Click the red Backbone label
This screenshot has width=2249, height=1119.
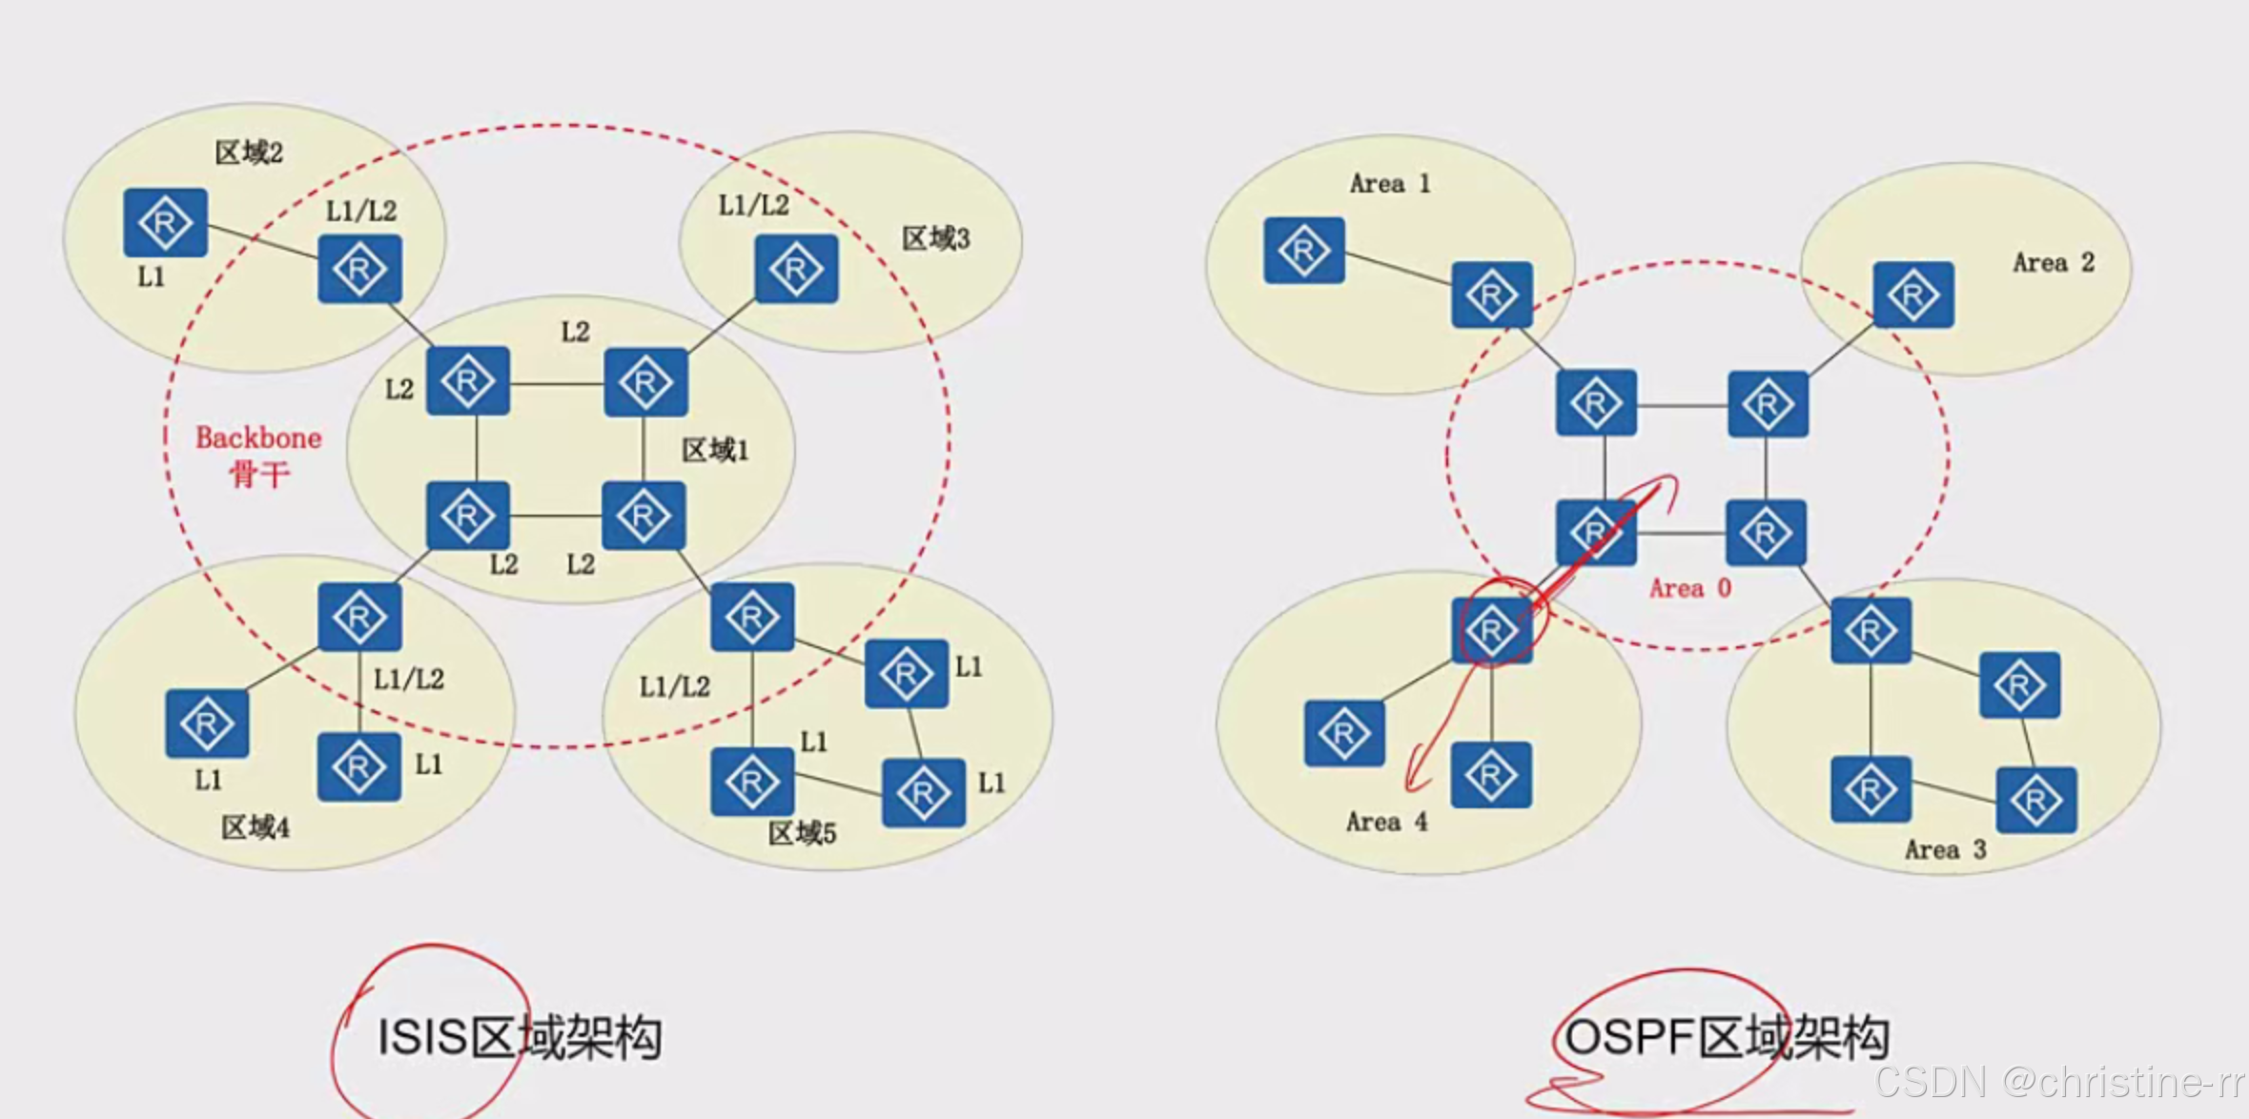258,438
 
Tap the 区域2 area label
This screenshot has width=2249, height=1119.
249,153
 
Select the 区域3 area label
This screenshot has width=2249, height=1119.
935,238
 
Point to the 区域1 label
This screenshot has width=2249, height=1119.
715,450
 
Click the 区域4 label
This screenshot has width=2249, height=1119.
255,827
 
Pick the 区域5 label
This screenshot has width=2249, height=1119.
802,834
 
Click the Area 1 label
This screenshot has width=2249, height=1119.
1389,184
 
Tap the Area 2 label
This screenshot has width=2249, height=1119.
2053,263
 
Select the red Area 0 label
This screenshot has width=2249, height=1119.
1689,588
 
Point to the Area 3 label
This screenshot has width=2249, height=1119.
1945,849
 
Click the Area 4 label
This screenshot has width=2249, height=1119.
1386,822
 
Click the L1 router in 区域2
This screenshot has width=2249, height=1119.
165,223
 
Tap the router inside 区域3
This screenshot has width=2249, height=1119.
796,270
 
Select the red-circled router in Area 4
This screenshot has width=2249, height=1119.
1492,630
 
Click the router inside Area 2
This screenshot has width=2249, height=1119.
1912,295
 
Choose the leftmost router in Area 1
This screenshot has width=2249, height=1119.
1303,251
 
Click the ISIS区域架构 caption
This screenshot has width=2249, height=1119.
519,1037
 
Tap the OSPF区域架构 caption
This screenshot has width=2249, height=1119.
1726,1037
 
